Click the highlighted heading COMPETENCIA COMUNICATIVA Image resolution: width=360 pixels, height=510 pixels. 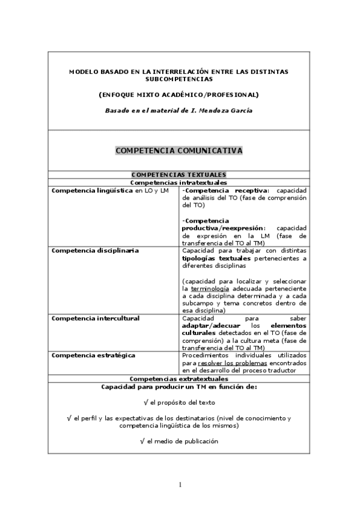pos(178,150)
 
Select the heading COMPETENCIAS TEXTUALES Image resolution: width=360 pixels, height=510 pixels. pos(178,174)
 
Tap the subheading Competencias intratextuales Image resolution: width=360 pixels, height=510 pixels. pos(178,181)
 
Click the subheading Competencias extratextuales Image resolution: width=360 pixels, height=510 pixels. pos(178,379)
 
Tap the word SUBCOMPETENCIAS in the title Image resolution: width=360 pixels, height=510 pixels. pos(178,79)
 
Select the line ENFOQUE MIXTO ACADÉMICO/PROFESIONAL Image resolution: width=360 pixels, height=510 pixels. pos(178,94)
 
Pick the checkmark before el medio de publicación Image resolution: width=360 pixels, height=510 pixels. pos(142,441)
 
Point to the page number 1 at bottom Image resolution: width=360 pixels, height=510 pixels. pos(179,485)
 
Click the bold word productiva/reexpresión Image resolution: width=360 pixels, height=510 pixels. pos(223,229)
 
